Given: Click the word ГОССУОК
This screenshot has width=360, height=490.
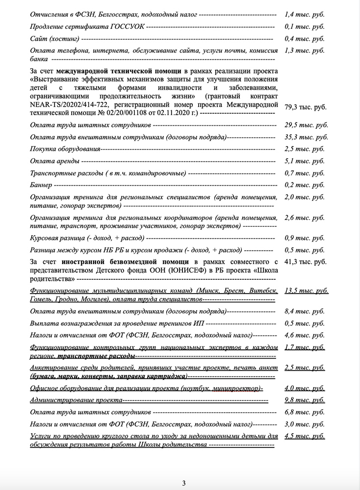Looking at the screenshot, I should [x=129, y=26].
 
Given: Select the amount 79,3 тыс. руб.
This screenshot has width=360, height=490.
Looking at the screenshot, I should [x=306, y=107].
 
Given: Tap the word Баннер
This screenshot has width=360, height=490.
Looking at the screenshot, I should [x=41, y=185].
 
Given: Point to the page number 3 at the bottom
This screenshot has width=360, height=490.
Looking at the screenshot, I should [x=183, y=483].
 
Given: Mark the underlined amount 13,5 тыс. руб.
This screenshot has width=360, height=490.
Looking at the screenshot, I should [x=307, y=291].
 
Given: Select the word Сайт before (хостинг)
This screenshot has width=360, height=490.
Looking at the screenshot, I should [x=38, y=38].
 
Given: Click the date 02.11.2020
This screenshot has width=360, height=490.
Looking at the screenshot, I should [x=178, y=113].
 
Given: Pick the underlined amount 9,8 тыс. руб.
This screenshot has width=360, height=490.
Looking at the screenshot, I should [x=305, y=400].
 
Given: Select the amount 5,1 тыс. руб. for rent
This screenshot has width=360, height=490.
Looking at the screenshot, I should [x=305, y=161].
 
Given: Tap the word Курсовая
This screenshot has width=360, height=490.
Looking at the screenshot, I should [x=45, y=238].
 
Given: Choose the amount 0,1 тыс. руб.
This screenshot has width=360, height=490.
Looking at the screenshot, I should [x=305, y=26].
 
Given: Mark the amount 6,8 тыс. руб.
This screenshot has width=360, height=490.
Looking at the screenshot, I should [x=305, y=412].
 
